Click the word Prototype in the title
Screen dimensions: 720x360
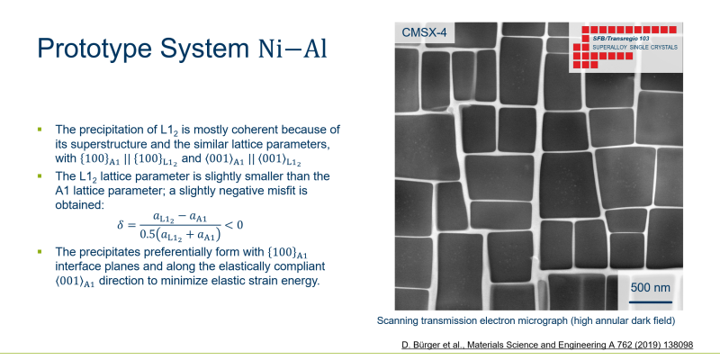tap(94, 48)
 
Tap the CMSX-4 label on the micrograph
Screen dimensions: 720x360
tap(424, 32)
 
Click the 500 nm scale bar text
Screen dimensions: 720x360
tap(650, 288)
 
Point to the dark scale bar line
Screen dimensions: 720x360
tap(650, 302)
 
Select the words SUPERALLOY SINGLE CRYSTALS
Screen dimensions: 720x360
tap(634, 48)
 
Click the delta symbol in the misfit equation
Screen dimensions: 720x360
tap(121, 225)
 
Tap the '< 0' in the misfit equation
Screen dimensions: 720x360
tap(233, 224)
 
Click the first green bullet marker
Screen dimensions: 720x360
tap(40, 129)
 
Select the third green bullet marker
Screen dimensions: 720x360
tap(40, 251)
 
